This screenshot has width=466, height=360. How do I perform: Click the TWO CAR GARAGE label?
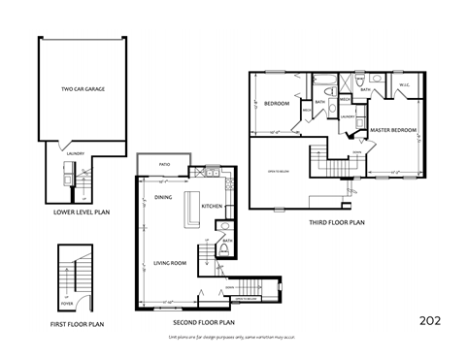click(x=83, y=89)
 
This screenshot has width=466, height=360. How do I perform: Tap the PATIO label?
click(x=166, y=164)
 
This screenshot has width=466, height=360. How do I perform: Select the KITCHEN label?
click(x=213, y=206)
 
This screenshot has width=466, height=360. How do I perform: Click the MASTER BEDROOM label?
click(x=394, y=129)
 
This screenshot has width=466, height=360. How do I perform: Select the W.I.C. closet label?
click(x=405, y=85)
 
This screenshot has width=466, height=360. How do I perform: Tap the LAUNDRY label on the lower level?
click(x=74, y=153)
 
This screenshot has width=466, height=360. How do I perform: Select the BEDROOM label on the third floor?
click(x=278, y=104)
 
